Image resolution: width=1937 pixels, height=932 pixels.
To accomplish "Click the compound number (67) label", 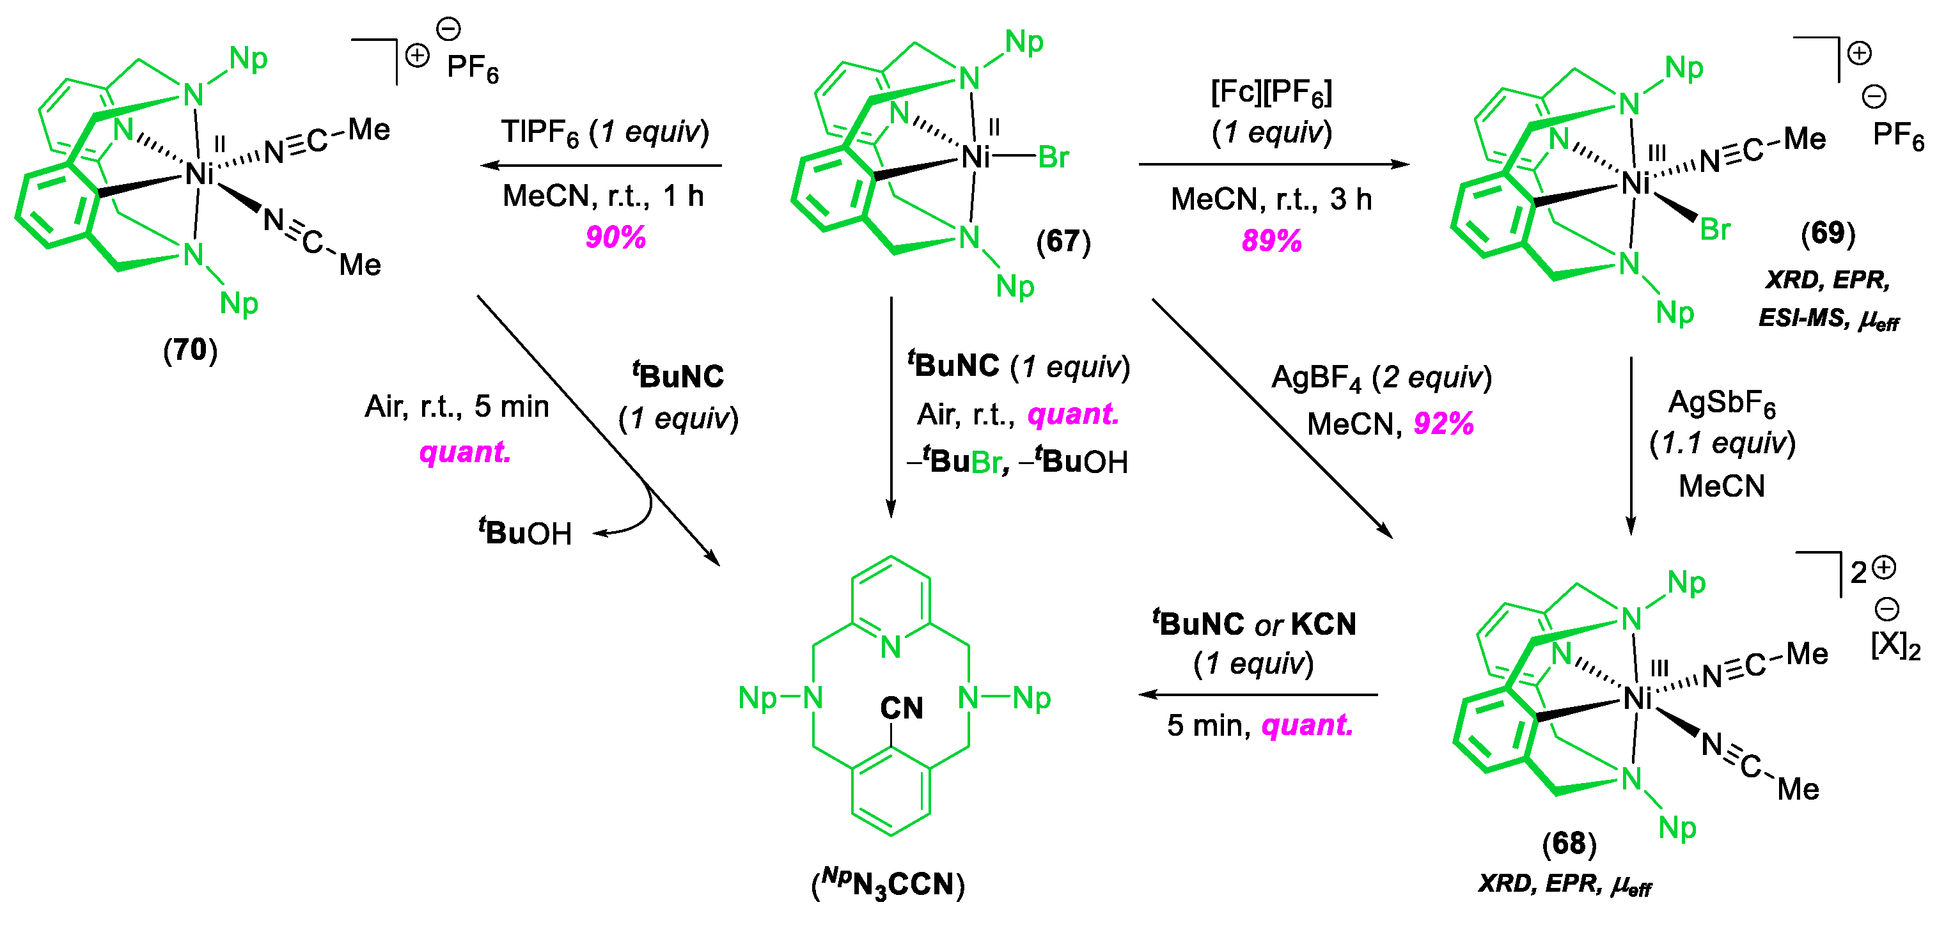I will coord(1062,241).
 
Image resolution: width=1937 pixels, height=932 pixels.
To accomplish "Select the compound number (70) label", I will coord(190,350).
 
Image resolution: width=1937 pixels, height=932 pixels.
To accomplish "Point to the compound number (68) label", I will coord(1569,843).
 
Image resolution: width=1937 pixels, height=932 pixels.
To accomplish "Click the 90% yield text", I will coord(615,238).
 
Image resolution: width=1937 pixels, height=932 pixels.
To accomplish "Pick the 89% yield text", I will coord(1271,240).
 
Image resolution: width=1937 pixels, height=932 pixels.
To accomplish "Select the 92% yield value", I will coord(1443,423).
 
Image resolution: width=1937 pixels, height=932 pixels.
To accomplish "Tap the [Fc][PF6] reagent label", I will coord(1271,93).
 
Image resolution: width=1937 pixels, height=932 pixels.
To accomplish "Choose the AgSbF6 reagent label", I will coord(1721,403).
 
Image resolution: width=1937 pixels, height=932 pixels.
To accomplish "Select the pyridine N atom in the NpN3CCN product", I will coord(891,646).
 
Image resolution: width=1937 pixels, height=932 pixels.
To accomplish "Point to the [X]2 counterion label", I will coord(1895,645).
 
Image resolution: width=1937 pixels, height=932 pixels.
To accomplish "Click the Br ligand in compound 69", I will coord(1714,229).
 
